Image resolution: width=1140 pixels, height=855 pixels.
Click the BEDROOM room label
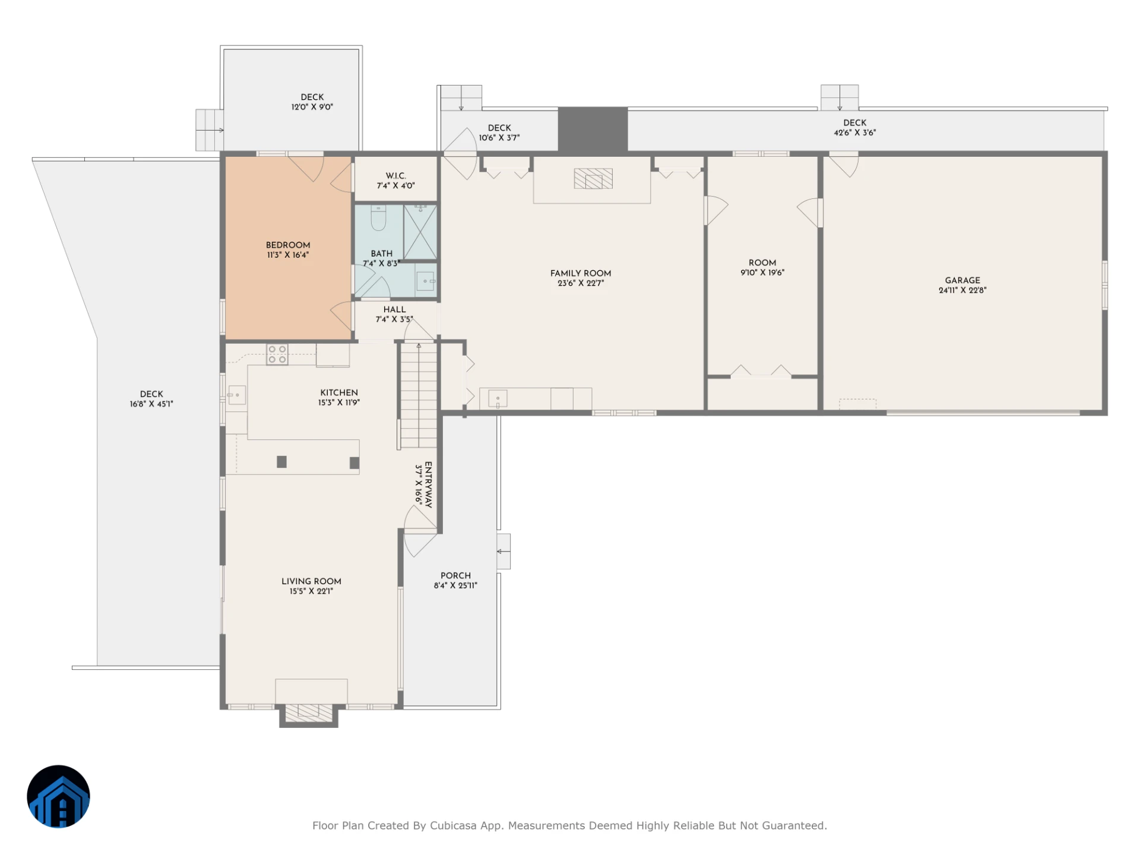click(x=288, y=245)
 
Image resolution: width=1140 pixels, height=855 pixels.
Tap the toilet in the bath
click(x=378, y=218)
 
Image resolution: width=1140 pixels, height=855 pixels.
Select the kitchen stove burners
click(x=277, y=354)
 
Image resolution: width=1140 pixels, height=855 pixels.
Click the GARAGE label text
click(x=962, y=280)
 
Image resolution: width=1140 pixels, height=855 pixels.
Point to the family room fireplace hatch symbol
click(x=593, y=179)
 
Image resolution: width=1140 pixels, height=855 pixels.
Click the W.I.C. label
click(x=396, y=176)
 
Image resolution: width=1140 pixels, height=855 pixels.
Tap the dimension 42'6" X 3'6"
click(x=855, y=133)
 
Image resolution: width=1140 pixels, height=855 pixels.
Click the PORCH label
click(x=455, y=575)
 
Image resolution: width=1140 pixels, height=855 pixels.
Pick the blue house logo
click(x=58, y=796)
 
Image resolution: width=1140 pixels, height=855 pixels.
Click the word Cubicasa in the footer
click(x=453, y=825)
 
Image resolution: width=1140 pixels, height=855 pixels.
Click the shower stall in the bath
click(x=420, y=232)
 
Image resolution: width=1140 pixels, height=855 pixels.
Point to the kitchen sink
click(x=237, y=395)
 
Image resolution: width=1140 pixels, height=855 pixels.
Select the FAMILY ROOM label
click(x=581, y=273)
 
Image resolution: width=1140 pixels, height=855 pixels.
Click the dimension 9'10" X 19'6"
click(x=762, y=273)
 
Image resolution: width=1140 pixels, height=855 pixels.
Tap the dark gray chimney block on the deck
click(x=593, y=129)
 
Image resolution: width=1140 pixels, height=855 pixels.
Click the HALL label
click(x=395, y=309)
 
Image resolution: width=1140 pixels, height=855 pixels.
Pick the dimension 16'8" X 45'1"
click(x=151, y=404)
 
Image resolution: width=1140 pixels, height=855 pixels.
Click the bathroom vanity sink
click(x=426, y=281)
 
